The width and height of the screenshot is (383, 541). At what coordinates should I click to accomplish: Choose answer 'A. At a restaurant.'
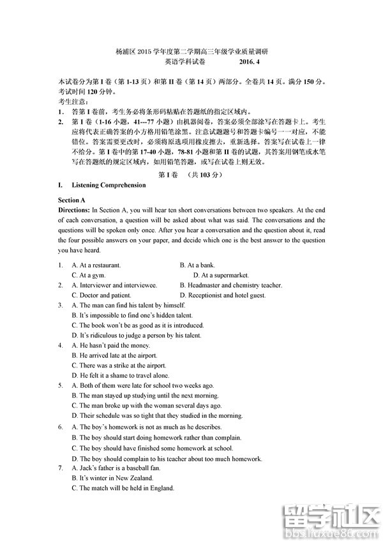(96, 265)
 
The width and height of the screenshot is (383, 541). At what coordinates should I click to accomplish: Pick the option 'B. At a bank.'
(197, 265)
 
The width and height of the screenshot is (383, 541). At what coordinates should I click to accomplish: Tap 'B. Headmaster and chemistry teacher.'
(230, 285)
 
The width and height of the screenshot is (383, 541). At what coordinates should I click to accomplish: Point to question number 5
(60, 386)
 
